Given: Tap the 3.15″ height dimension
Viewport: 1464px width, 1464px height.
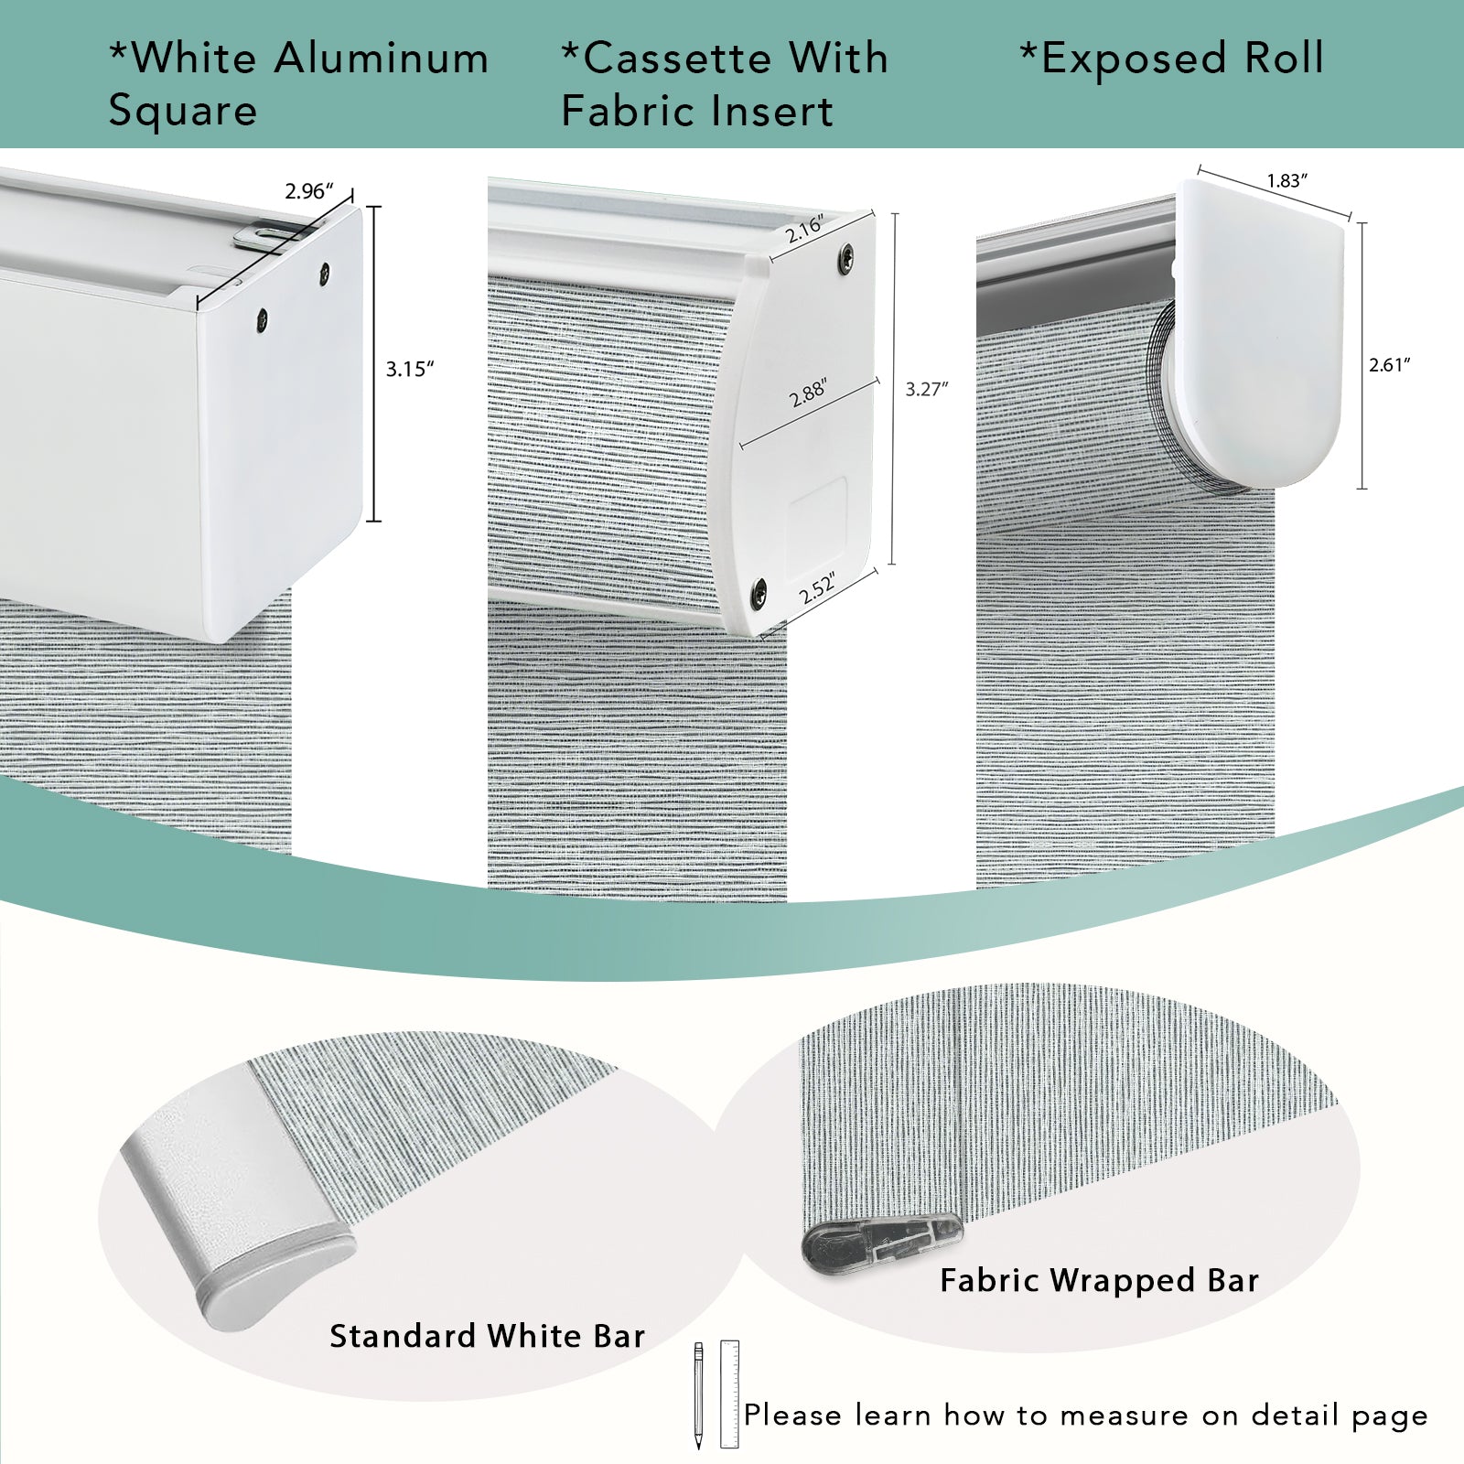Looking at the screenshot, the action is coord(409,369).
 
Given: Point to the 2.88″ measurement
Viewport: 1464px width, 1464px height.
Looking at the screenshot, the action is coord(808,393).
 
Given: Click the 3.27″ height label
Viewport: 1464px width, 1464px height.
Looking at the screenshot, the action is coord(927,389).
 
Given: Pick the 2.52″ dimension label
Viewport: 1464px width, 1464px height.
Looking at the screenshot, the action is coord(817,588).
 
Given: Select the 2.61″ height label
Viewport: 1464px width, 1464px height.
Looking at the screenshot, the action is coord(1390,364).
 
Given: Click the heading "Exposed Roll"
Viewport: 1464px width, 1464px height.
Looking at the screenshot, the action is coord(1172,59).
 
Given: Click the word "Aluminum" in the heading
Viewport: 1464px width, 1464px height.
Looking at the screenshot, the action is coord(382,59).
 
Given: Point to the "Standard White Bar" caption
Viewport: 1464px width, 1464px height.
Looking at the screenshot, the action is coord(487,1336).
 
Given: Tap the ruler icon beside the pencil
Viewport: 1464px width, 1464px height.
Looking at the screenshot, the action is coord(729,1394).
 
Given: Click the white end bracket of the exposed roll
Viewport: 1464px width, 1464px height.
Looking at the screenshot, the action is coord(1261,331).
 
